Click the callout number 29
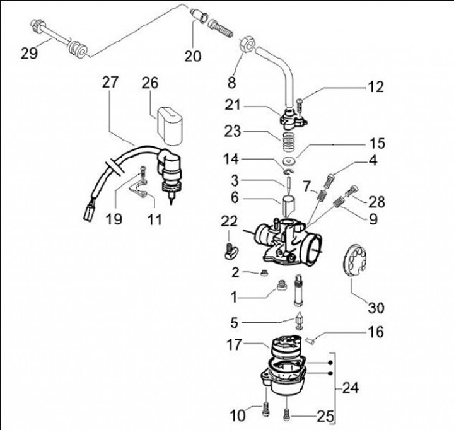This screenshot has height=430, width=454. (x=29, y=54)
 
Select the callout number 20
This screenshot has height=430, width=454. (x=193, y=56)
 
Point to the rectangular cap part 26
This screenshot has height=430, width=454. (x=170, y=125)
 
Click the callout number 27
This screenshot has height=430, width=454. (x=110, y=82)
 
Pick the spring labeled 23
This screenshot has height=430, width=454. (x=289, y=142)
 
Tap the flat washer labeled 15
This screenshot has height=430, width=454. (x=289, y=160)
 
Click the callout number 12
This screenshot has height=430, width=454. (x=376, y=87)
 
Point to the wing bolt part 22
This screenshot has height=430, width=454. (x=231, y=252)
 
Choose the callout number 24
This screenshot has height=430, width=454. (x=351, y=388)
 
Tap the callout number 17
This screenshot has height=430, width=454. (x=234, y=345)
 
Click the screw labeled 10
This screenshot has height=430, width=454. (x=266, y=409)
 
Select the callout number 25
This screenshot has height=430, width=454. (x=325, y=416)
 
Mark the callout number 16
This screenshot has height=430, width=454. (x=376, y=332)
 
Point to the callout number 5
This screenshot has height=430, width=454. (x=234, y=323)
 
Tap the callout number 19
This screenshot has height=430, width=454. (x=113, y=219)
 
